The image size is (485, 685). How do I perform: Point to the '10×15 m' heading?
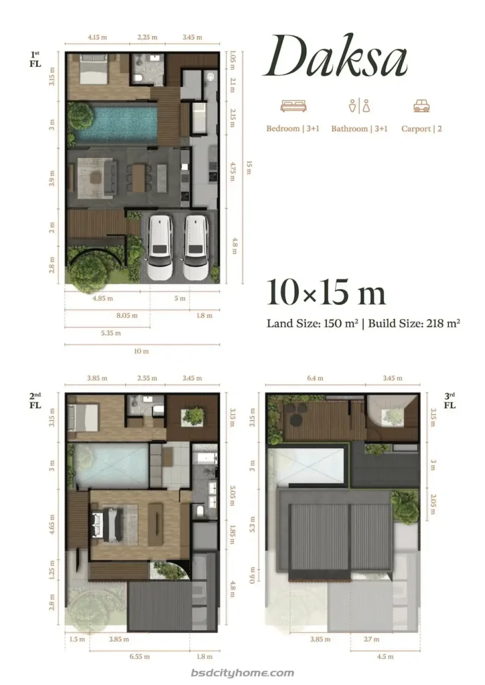pos(326,293)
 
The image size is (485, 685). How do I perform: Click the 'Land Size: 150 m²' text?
pos(311,324)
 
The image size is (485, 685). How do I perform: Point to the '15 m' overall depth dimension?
pos(249,167)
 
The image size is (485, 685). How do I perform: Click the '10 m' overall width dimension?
pos(141,351)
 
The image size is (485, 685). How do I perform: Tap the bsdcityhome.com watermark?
pos(242,673)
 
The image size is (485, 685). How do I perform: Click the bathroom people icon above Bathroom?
pos(359,106)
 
